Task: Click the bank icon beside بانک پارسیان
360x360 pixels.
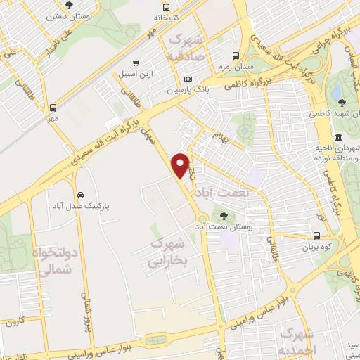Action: (188, 79)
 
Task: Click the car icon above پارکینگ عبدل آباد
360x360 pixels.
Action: (80, 195)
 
